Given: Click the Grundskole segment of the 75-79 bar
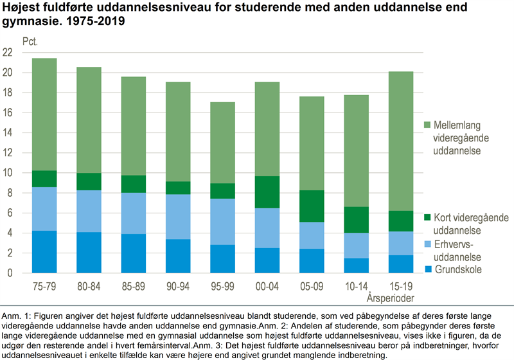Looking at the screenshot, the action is pos(44,252).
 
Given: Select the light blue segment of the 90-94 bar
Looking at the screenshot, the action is pos(178,217).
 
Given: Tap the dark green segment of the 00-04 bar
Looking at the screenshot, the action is pos(267,192).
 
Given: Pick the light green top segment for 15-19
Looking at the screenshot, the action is pos(401,141).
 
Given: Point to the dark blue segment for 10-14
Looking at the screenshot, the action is pos(357,265).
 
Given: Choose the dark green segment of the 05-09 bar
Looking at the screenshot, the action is pos(312,206).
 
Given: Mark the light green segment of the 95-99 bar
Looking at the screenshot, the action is pos(222,143).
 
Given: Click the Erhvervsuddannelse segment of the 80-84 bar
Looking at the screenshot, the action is pos(89,211).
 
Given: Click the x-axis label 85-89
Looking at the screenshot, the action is pos(134,287).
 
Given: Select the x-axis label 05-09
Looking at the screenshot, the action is pos(312,287).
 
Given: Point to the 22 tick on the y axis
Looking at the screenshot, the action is pos(8,52).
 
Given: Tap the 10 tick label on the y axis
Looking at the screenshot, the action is pos(8,173).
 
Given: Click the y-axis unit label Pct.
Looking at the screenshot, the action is pos(30,42).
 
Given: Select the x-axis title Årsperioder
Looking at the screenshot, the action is pos(391,298).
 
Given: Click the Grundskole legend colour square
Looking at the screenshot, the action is pos(428,269).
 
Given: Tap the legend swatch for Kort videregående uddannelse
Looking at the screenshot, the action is pos(427,217).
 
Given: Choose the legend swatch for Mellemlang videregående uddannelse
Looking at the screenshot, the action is pos(427,125).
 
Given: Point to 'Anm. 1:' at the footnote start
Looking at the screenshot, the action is pos(15,316).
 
